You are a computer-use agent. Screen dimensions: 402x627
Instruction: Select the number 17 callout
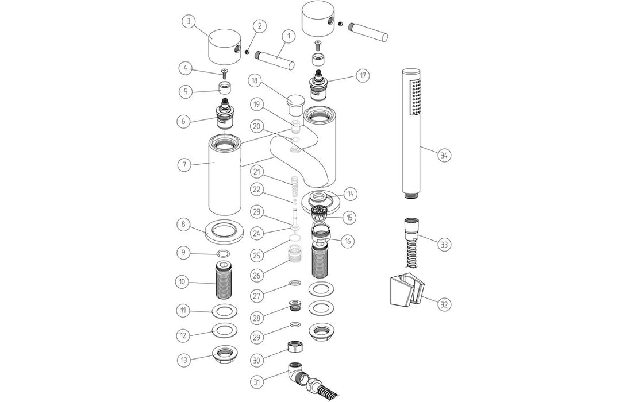[362, 75]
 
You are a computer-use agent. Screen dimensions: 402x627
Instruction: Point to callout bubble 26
[257, 275]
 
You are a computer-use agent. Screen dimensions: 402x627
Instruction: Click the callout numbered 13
[184, 360]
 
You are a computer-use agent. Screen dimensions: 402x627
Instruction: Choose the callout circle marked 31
[257, 381]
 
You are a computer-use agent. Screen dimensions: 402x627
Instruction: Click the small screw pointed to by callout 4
[224, 73]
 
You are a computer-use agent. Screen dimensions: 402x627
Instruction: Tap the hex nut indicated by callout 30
[295, 347]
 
